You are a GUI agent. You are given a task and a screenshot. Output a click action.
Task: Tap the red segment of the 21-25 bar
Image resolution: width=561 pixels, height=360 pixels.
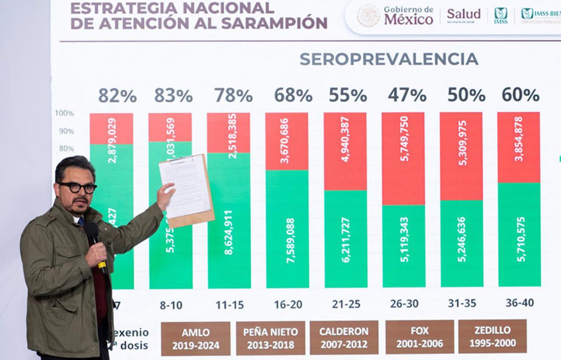(x=345, y=151)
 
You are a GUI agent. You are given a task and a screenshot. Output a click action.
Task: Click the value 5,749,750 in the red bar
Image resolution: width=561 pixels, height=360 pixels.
(x=404, y=138)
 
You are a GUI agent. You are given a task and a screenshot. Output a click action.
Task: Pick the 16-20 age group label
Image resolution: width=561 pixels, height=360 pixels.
(x=288, y=305)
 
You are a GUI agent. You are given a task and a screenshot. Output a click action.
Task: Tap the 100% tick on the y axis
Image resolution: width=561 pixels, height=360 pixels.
(x=64, y=113)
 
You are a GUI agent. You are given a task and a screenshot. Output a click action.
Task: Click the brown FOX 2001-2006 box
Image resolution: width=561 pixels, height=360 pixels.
(x=419, y=337)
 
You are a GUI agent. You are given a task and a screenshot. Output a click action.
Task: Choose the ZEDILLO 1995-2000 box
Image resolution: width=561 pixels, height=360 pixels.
(x=492, y=337)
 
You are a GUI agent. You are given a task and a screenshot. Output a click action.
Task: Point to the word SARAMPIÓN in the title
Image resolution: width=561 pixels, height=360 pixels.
(x=274, y=23)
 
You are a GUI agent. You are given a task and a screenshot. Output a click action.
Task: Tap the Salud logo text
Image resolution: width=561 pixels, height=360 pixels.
(x=464, y=14)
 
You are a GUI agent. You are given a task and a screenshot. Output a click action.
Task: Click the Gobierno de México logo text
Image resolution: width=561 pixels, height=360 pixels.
(x=408, y=16)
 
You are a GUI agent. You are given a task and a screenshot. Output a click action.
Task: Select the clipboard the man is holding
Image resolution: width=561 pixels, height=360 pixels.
(x=187, y=190)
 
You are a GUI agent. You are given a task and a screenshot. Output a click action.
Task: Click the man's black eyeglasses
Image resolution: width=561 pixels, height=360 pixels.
(x=77, y=187)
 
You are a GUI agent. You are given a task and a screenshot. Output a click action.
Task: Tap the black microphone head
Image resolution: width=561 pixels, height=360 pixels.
(x=91, y=232)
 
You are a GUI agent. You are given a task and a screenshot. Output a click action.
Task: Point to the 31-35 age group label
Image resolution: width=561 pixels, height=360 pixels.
(x=462, y=303)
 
